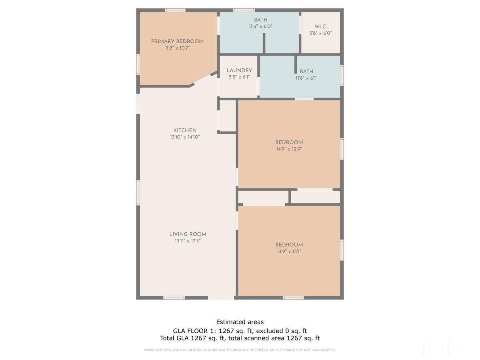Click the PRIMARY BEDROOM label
pos(177,42)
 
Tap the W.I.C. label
pos(320,27)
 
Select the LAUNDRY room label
pos(239,71)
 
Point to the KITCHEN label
pos(185,130)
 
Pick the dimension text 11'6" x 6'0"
pos(260,26)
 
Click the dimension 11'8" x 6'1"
pos(306,78)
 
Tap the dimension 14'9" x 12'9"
pos(289,149)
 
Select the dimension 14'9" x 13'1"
pos(289,252)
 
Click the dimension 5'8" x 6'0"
pos(320,33)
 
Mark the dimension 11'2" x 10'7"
pos(177,48)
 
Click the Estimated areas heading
pos(240,322)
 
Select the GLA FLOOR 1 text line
pos(240,331)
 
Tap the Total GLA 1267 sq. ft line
pos(240,338)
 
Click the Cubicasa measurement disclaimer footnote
pos(240,350)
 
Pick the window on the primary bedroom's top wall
pos(175,10)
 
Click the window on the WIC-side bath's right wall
pos(342,75)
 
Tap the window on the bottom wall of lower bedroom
pos(293,298)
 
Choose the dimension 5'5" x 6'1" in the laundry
pos(239,77)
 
